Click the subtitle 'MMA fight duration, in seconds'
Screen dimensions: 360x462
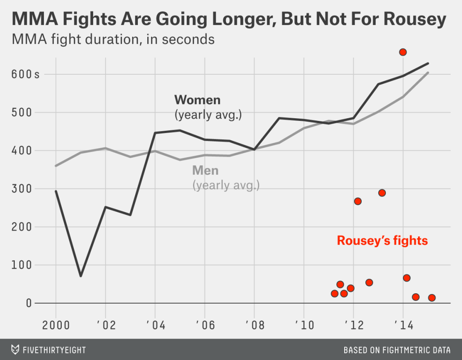[x=113, y=39]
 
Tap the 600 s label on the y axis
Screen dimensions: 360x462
[x=25, y=74]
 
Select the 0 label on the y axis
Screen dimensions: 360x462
[x=29, y=303]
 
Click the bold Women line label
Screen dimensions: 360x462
[x=197, y=99]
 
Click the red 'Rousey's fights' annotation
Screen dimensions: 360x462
[x=382, y=241]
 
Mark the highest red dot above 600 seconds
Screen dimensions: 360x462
[x=402, y=52]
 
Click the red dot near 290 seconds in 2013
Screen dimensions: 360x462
[x=382, y=193]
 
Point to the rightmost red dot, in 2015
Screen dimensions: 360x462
[x=432, y=298]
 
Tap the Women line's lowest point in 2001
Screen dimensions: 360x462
[x=81, y=276]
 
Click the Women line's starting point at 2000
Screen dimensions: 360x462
[x=56, y=191]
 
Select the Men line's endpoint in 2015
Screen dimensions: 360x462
[x=428, y=73]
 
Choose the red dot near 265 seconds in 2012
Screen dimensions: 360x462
[x=358, y=201]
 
